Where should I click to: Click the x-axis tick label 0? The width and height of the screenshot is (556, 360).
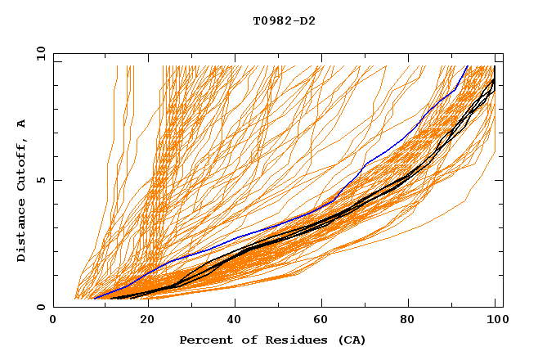pyautogui.click(x=53, y=320)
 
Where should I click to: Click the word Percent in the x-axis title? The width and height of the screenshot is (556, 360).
pyautogui.click(x=202, y=340)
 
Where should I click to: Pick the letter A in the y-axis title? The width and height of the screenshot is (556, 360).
pyautogui.click(x=22, y=124)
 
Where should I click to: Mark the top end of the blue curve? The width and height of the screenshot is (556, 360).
pyautogui.click(x=467, y=66)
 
